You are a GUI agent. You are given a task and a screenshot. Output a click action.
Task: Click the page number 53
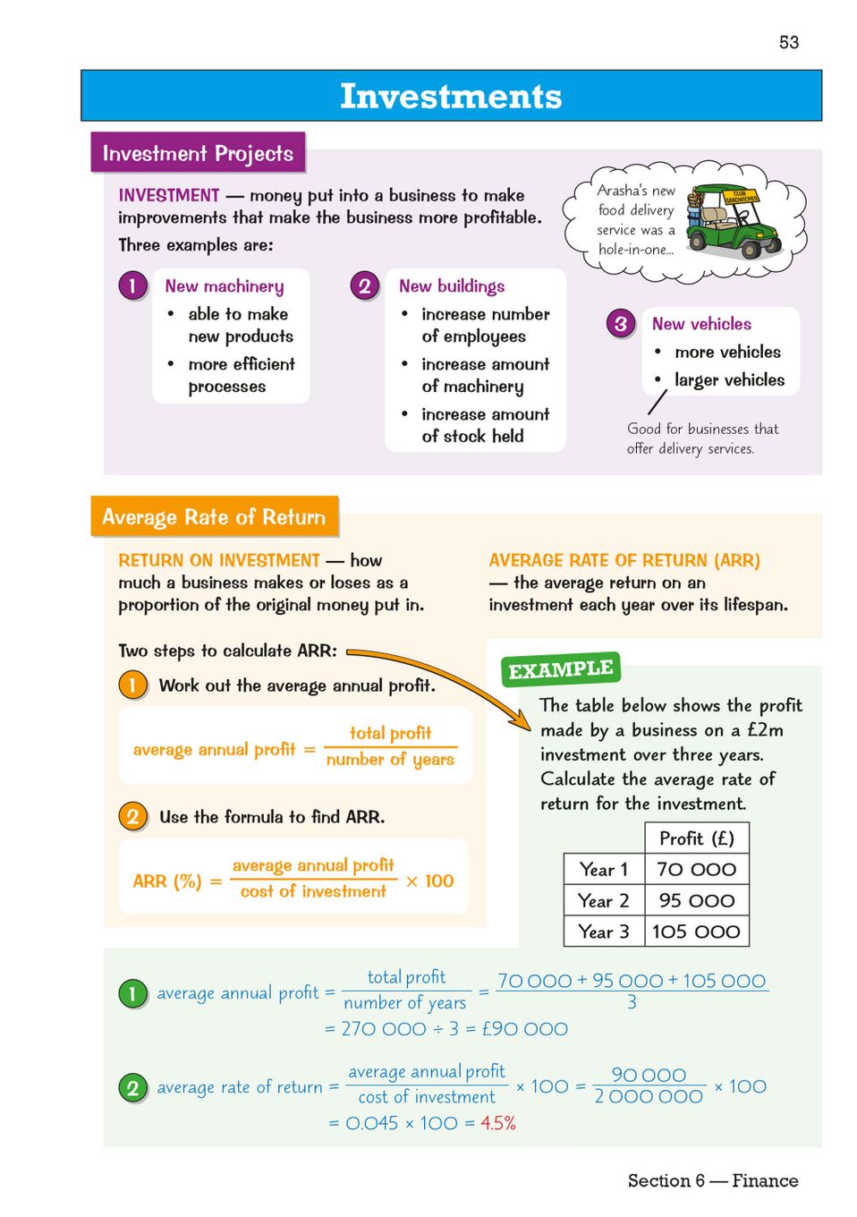click(788, 42)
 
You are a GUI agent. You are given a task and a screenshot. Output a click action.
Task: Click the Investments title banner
click(451, 96)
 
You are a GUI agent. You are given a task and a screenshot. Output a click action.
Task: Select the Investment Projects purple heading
click(198, 153)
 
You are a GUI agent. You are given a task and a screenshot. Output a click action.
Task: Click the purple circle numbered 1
click(132, 286)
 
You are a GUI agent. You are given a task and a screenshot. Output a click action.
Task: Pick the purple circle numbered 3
click(621, 324)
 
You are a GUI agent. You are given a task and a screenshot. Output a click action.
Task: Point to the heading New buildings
click(452, 286)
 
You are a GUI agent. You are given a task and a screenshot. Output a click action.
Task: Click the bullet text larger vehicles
click(729, 380)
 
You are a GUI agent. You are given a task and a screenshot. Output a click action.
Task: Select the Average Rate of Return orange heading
click(214, 517)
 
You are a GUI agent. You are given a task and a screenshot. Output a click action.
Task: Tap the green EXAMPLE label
click(561, 670)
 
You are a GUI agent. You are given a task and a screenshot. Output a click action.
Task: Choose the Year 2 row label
click(604, 900)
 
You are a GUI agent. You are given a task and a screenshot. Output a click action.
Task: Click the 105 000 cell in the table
click(696, 932)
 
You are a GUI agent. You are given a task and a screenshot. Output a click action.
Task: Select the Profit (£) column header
click(696, 838)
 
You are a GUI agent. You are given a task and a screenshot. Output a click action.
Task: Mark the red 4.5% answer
click(498, 1123)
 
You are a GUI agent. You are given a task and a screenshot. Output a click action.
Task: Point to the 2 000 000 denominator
click(649, 1097)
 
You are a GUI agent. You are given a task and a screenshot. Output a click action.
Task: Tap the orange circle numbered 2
click(132, 816)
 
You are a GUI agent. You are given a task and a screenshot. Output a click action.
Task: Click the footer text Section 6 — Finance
click(712, 1180)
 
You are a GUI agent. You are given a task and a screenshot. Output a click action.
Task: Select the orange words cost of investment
click(313, 891)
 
